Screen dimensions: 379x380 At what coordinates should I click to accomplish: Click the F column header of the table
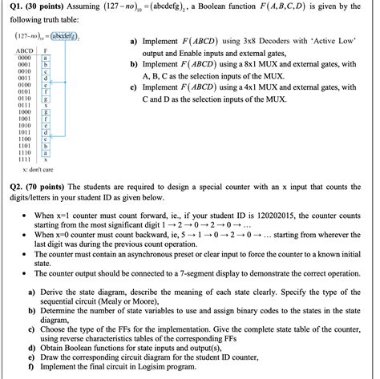(x=47, y=50)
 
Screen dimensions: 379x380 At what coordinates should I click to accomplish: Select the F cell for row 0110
(x=46, y=97)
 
